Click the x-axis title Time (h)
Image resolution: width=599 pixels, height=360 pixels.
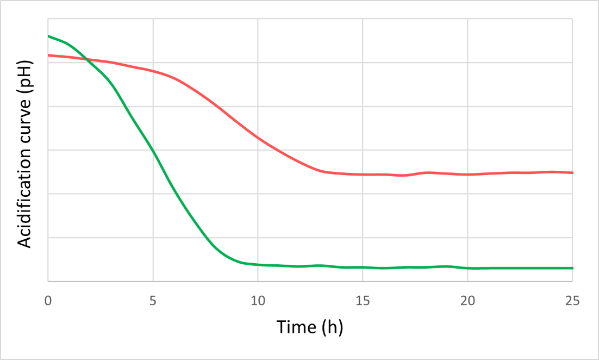point(310,327)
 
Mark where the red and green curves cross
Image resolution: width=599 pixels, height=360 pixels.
point(87,59)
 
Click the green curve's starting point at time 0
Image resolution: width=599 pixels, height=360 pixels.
point(48,36)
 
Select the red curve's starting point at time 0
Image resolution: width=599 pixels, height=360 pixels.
point(48,55)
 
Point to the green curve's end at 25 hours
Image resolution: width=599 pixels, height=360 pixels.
point(572,268)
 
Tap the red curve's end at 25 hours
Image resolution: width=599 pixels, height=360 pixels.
point(572,172)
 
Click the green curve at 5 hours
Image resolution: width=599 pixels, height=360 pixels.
point(153,151)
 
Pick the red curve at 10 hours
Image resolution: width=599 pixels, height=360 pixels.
point(258,138)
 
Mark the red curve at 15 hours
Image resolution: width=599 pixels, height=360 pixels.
point(363,175)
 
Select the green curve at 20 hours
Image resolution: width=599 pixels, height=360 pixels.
point(467,268)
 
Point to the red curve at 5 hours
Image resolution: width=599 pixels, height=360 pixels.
point(153,71)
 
